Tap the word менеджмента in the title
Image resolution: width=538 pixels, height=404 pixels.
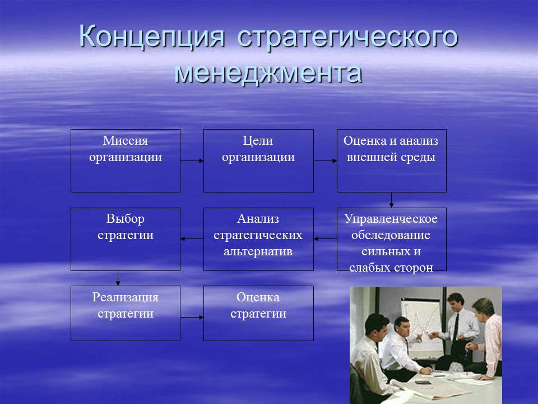(268, 74)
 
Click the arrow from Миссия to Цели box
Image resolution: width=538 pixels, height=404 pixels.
(192, 161)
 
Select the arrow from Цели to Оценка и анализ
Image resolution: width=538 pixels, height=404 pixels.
(325, 161)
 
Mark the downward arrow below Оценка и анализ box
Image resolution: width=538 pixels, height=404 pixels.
(391, 200)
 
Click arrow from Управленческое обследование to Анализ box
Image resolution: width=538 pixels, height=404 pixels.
(325, 239)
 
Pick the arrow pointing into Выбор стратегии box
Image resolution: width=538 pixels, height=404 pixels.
(192, 239)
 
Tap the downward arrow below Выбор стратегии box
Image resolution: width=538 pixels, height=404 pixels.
(118, 278)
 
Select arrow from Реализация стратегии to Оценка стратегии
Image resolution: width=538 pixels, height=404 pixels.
(192, 318)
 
